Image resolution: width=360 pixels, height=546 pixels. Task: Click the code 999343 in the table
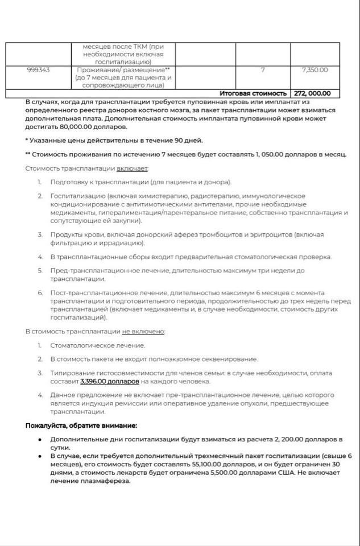(x=38, y=70)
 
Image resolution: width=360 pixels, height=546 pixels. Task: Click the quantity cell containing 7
(x=262, y=70)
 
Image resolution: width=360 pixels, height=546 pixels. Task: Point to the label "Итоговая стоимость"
(x=253, y=93)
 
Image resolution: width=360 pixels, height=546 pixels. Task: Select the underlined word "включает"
(x=133, y=168)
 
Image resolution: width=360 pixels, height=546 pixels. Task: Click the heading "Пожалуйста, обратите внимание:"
(x=81, y=425)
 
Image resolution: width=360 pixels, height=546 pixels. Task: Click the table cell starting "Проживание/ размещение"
(x=124, y=77)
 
